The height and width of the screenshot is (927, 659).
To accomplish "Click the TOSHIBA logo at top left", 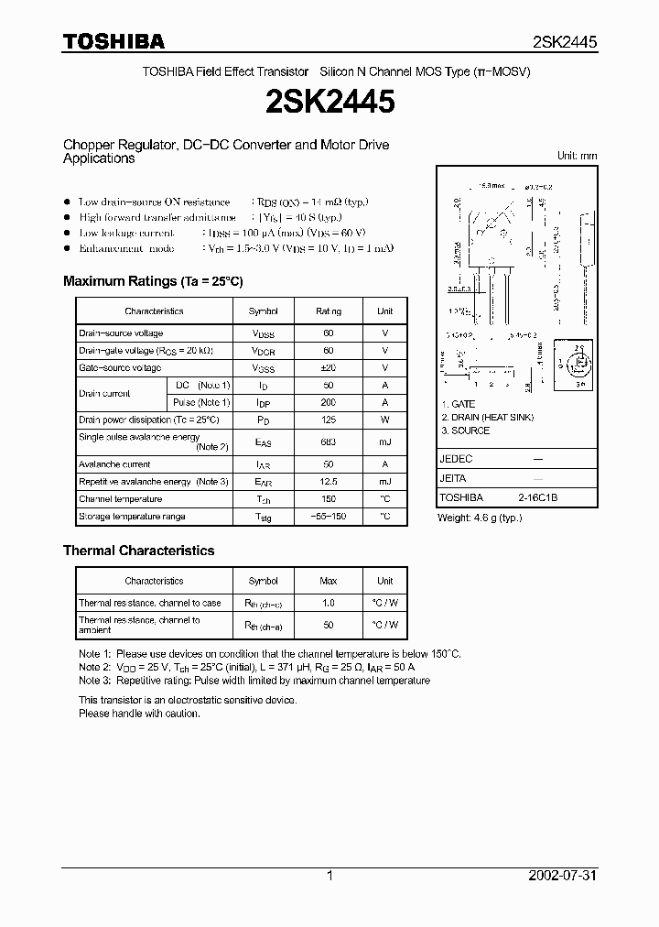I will [x=113, y=41].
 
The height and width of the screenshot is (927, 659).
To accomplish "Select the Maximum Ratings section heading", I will [x=153, y=281].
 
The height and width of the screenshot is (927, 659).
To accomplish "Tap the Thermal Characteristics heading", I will [x=138, y=551].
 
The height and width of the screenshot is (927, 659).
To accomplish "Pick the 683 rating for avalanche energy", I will [x=329, y=442].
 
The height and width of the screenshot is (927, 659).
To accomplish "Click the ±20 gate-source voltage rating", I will [x=329, y=367].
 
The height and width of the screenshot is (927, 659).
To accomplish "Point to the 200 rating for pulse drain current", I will [x=329, y=402].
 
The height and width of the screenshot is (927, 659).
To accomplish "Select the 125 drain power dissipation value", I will [x=329, y=420].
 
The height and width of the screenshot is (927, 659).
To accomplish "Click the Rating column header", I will [x=329, y=311].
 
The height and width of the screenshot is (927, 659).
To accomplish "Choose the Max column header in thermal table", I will [x=329, y=581].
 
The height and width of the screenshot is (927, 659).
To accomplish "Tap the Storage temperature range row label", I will [x=132, y=517].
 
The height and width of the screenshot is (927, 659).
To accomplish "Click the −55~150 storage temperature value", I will [x=329, y=517].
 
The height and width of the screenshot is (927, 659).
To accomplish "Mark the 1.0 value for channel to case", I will [x=329, y=603].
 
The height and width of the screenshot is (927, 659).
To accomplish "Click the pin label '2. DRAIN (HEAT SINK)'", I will [x=487, y=417].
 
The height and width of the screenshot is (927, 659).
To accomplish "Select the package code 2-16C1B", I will [x=537, y=497].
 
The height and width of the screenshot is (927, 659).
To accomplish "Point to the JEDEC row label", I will [x=456, y=459].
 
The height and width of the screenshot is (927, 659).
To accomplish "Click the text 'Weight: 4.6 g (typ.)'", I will [x=480, y=518].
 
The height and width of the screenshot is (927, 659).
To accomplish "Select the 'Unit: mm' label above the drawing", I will [x=577, y=156].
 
